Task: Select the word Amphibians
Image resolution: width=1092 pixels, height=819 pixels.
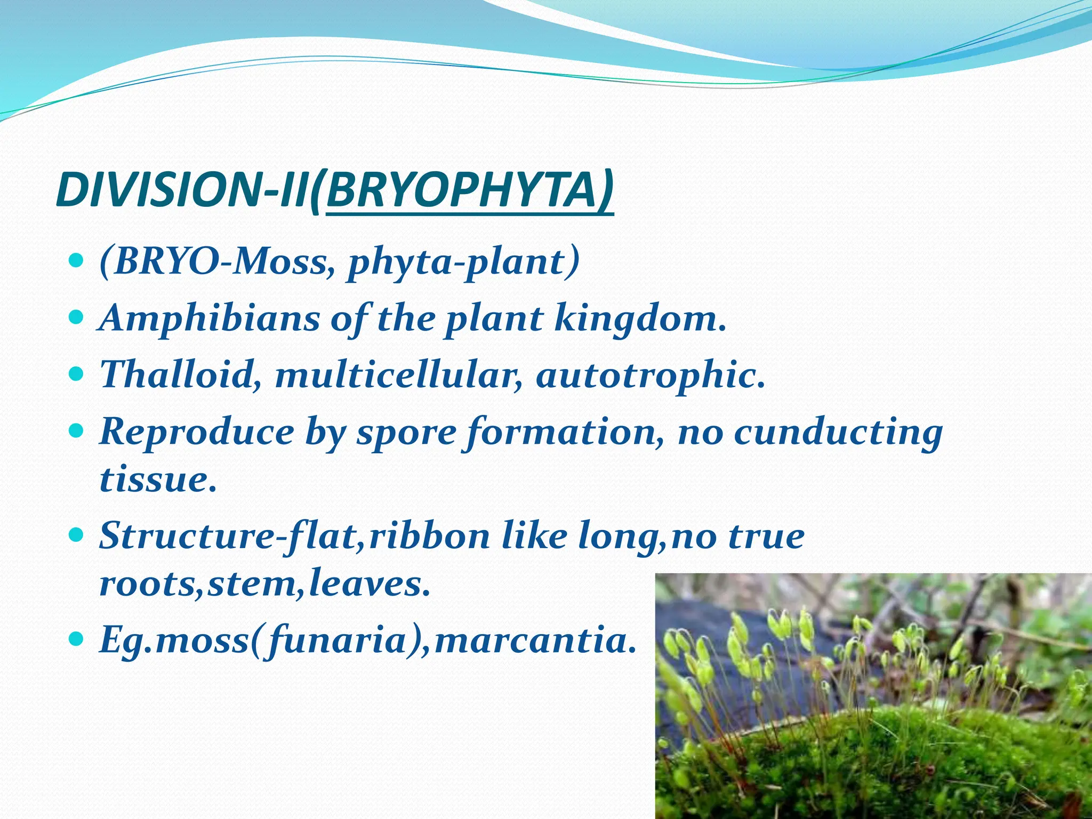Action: [210, 318]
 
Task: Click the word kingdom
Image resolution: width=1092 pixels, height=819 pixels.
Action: [640, 318]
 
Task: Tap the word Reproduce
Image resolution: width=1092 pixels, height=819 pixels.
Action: [196, 432]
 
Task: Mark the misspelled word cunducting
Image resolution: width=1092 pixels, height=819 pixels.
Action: [837, 432]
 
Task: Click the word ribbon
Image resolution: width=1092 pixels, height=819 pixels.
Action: [429, 536]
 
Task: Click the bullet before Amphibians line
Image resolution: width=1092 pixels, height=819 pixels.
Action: [77, 318]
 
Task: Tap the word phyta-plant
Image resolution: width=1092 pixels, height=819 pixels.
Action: [462, 262]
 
